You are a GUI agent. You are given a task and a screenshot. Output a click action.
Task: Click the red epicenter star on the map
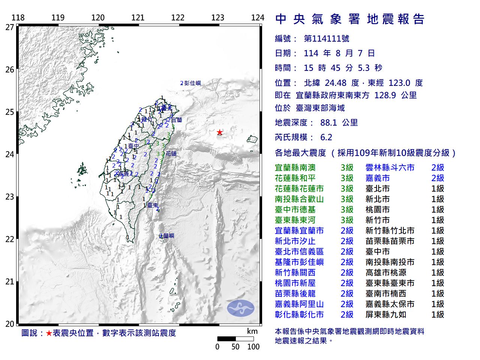(219, 132)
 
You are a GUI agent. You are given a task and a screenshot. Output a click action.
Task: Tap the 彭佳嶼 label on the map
(192, 83)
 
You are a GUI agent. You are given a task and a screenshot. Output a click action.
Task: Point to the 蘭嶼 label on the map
(167, 235)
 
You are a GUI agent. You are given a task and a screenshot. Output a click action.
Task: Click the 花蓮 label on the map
(171, 153)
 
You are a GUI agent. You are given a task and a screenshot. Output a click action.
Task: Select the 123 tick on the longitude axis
(217, 18)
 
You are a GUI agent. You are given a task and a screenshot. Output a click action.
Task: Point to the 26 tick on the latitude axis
(10, 69)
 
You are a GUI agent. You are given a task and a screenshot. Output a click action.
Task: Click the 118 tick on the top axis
(18, 18)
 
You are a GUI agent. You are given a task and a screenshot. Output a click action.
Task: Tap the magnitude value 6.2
(326, 137)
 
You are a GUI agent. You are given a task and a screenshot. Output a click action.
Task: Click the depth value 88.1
(328, 123)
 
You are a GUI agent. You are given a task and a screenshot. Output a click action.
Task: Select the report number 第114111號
(326, 39)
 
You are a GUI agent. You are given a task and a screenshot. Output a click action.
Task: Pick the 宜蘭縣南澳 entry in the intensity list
(295, 168)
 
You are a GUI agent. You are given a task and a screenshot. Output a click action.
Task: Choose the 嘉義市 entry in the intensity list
(378, 178)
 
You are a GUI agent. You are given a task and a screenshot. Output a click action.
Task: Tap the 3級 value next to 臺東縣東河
(347, 220)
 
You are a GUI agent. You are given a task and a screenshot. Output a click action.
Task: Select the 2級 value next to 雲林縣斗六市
(438, 168)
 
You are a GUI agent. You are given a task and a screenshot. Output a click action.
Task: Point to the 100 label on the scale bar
(253, 347)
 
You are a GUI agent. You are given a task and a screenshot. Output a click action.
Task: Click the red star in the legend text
(49, 333)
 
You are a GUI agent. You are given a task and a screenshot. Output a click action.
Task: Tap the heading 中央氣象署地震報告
(349, 19)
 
